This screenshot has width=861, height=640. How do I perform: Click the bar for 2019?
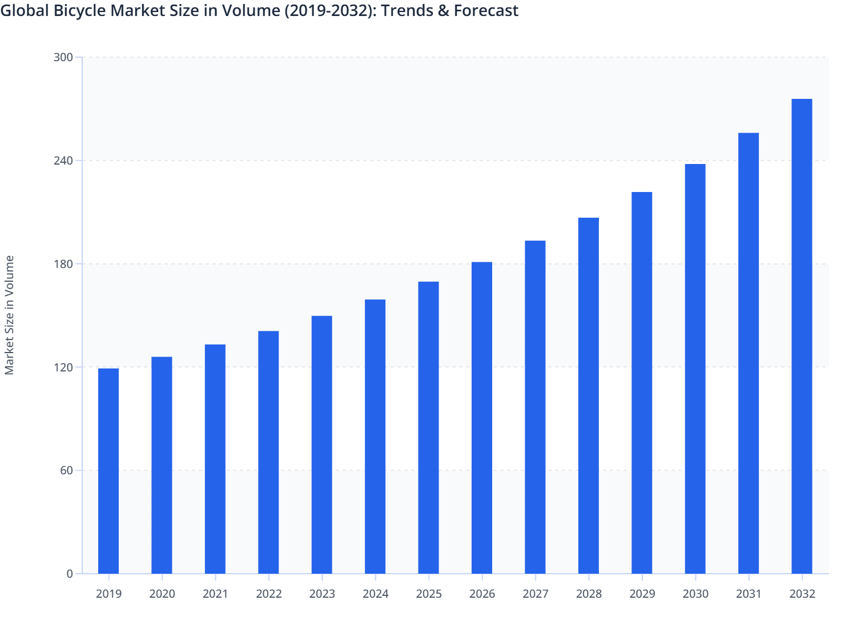pos(108,471)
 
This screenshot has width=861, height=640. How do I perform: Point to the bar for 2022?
pos(268,452)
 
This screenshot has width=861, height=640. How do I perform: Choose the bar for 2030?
pos(695,369)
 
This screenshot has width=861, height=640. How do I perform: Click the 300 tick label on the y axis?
pos(63,57)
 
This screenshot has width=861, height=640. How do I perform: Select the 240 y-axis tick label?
pos(63,161)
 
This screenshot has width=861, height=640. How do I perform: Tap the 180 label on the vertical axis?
pos(63,264)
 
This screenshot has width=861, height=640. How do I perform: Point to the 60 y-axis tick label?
pos(67,470)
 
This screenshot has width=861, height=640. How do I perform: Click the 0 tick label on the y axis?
pos(70,574)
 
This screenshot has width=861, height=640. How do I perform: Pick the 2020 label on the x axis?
pos(162,594)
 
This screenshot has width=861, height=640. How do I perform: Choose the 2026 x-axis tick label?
pos(482,594)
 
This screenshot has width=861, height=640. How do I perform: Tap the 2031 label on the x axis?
pos(749,594)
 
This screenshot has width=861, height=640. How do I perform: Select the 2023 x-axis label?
pos(322,594)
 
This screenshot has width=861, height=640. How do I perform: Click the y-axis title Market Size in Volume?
pos(9,315)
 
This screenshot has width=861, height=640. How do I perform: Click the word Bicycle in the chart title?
pos(80,11)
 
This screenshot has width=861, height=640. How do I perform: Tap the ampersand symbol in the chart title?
pos(444,11)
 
